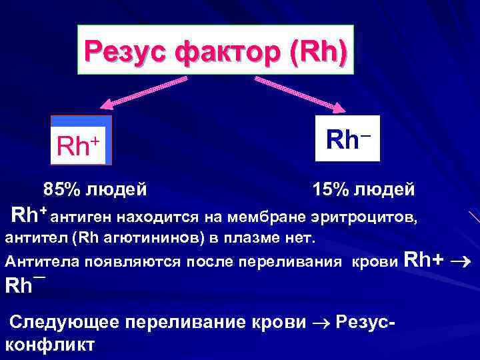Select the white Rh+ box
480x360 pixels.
pyautogui.click(x=81, y=141)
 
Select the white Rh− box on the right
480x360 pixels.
pyautogui.click(x=347, y=138)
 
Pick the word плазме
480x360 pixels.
pyautogui.click(x=255, y=238)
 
